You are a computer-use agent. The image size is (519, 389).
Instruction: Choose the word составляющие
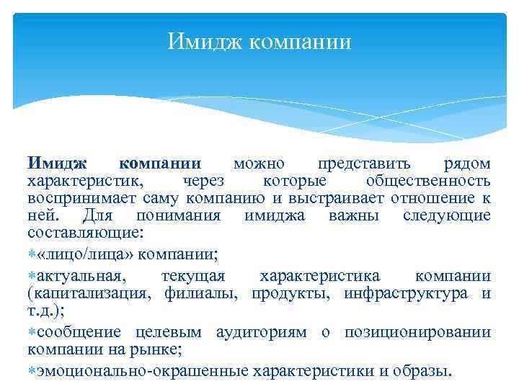click(85, 233)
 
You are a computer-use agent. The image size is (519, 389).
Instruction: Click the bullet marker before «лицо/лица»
click(32, 254)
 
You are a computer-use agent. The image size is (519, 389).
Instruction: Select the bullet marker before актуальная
click(32, 277)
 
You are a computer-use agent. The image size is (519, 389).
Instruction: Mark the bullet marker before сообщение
click(32, 333)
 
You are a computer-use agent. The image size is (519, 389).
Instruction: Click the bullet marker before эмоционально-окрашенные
click(32, 372)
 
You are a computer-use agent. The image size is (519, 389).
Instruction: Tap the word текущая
click(194, 277)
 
